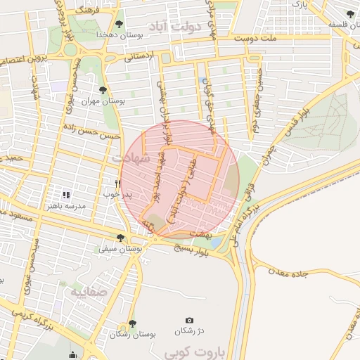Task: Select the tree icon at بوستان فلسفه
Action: point(350,14)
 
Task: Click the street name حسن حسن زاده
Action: point(89,129)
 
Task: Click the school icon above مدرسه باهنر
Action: point(66,195)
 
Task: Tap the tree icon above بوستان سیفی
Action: point(120,238)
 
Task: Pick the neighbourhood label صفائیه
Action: point(84,289)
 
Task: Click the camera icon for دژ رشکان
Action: point(188,321)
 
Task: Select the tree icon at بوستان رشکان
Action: point(131,323)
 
